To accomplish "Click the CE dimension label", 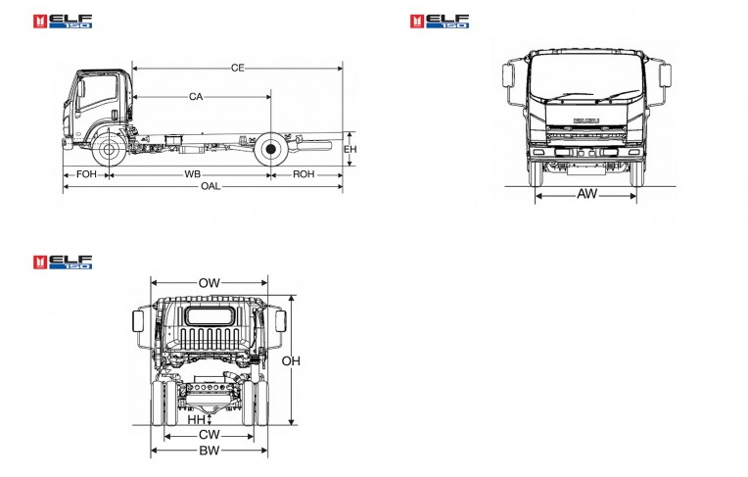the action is tap(238, 69).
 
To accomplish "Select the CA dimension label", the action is tap(196, 97).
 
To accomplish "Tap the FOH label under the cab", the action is tap(86, 174).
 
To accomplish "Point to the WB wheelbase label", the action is tap(192, 174).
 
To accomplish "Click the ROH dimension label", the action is tap(304, 174).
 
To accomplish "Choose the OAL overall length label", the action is tap(210, 186).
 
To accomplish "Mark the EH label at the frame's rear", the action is tap(351, 150).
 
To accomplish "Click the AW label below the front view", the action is tap(586, 194).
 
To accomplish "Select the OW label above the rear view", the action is tap(209, 283).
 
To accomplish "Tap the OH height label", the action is tap(291, 361).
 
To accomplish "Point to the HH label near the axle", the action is tap(196, 420).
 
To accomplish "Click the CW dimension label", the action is tap(209, 435).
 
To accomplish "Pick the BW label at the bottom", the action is tap(209, 451).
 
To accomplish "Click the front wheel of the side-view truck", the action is tap(109, 150).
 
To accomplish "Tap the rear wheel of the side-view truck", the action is tap(270, 150).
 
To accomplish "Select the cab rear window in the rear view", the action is tap(210, 316).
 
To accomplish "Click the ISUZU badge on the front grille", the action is tap(586, 120).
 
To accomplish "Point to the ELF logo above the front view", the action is tap(440, 22).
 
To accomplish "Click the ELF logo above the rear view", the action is tap(63, 262).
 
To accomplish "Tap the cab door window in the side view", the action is tap(98, 91).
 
